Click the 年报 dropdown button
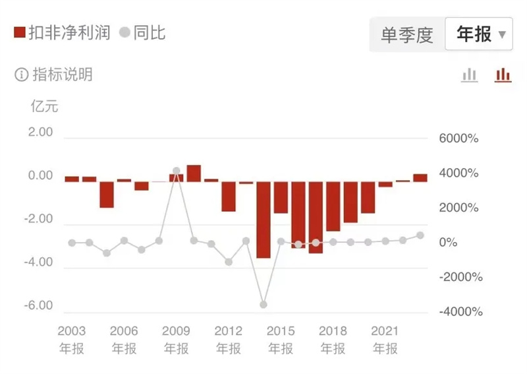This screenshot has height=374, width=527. point(478,34)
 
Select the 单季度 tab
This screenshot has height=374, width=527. point(407,35)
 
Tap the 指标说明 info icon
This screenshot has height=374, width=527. point(22,75)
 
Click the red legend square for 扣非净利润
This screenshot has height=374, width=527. point(19,32)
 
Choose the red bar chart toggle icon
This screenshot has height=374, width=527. point(503,75)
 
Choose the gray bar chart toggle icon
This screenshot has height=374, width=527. point(469,75)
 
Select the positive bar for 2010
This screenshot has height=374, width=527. point(194,173)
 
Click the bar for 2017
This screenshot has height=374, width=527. point(316,217)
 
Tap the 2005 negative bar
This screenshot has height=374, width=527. point(107,194)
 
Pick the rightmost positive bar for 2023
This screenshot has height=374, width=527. point(420,177)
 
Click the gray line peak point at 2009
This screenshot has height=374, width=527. point(176,171)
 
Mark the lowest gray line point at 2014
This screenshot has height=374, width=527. point(263,305)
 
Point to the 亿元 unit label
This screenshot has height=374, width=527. point(45,106)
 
